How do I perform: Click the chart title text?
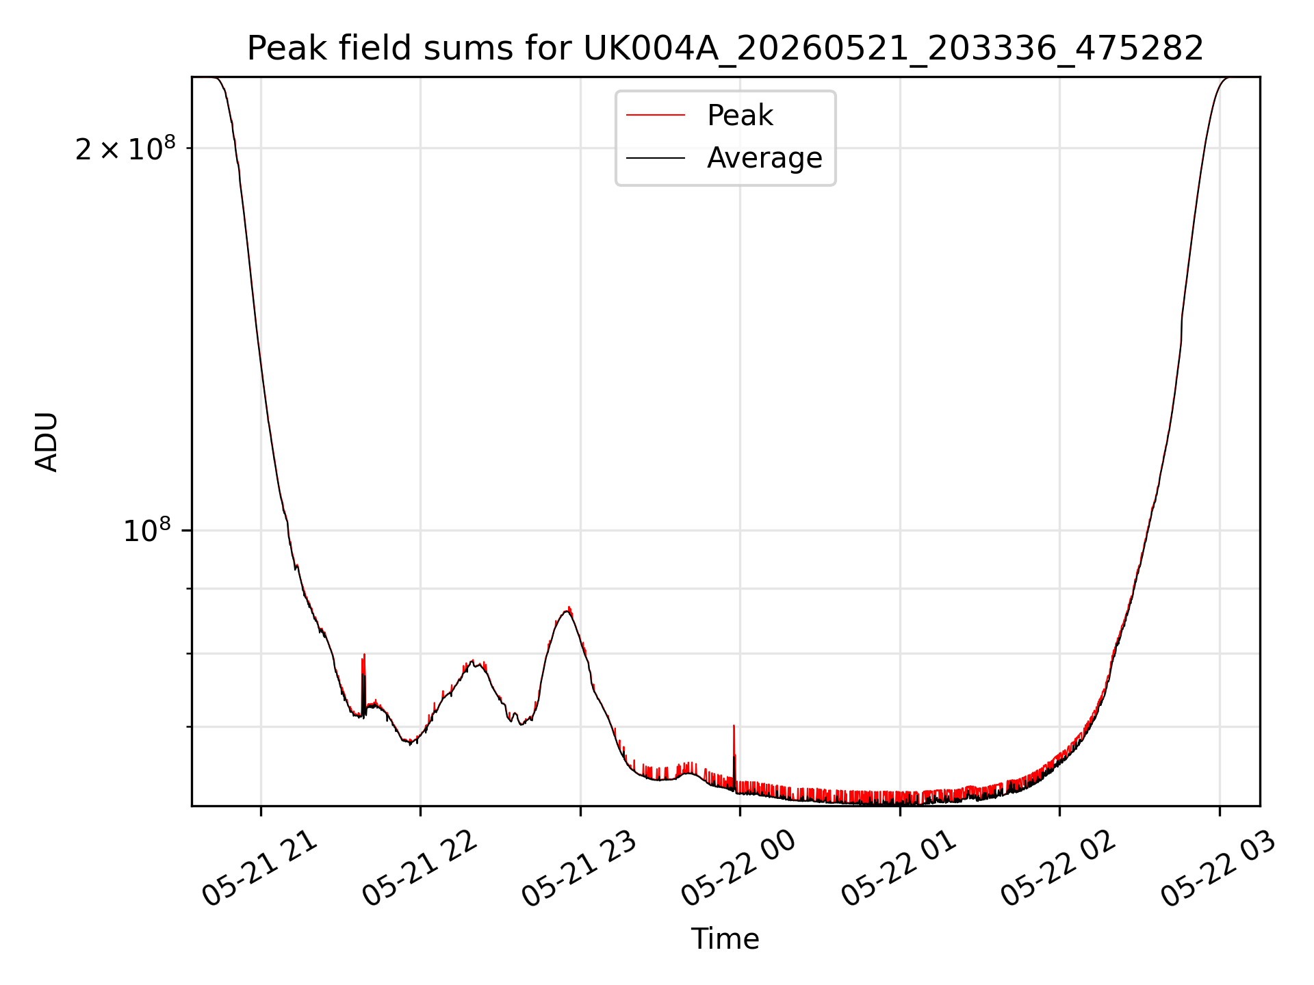(725, 49)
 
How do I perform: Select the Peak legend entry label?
(740, 116)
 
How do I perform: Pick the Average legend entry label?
(764, 158)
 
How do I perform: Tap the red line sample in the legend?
(656, 116)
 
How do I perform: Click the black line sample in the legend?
(656, 158)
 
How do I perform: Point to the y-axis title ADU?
(47, 442)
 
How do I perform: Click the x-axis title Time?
(725, 939)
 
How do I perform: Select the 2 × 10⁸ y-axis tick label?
(125, 148)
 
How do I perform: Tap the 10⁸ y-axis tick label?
(147, 530)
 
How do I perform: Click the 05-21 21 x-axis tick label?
(260, 869)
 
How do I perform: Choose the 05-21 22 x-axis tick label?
(420, 869)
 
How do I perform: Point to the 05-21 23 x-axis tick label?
(580, 869)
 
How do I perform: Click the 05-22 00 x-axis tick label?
(739, 869)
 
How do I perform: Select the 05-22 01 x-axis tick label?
(899, 869)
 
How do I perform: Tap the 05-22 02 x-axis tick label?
(1059, 869)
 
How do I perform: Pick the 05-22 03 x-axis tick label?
(1219, 869)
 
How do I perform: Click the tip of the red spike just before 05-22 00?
(734, 726)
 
